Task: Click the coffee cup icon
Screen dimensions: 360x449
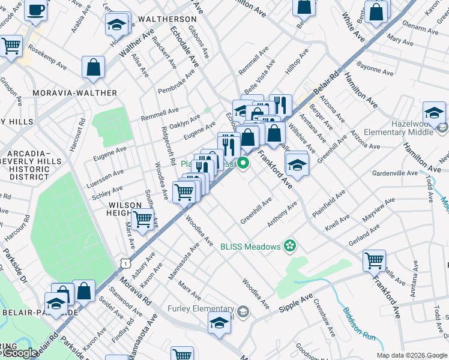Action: point(36,11)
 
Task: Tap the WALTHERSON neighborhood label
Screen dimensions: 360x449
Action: point(167,19)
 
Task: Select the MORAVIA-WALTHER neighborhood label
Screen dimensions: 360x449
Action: point(75,93)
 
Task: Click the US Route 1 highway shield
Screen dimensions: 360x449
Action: point(124,262)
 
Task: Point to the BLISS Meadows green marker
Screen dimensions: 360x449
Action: point(290,245)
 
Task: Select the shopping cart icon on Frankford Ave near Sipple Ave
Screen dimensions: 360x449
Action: point(375,260)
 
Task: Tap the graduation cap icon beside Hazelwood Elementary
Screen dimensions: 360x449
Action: point(434,112)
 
